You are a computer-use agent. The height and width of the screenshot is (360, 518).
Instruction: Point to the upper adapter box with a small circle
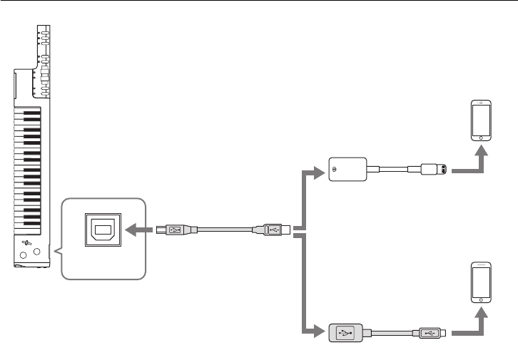(x=346, y=170)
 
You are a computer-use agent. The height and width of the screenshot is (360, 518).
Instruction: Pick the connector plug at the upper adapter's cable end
(x=433, y=170)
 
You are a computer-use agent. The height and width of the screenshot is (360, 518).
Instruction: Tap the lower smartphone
(x=482, y=283)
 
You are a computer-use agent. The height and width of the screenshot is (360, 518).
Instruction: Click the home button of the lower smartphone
(x=482, y=301)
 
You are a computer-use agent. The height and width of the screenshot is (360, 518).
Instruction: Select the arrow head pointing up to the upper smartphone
(x=482, y=152)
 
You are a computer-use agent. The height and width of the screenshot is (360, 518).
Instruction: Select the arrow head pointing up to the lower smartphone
(x=482, y=314)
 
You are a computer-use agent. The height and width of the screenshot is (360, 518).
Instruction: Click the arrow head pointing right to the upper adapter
(x=320, y=170)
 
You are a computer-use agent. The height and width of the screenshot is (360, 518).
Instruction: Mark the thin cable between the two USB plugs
(x=225, y=230)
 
